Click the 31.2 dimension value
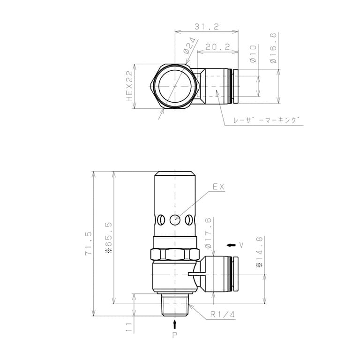(207, 27)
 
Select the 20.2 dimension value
(217, 47)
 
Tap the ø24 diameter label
(190, 45)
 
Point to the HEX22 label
(130, 86)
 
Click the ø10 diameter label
(253, 54)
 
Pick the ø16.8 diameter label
(273, 48)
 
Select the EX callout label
(218, 187)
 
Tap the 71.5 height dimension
(88, 244)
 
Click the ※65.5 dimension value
(109, 237)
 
